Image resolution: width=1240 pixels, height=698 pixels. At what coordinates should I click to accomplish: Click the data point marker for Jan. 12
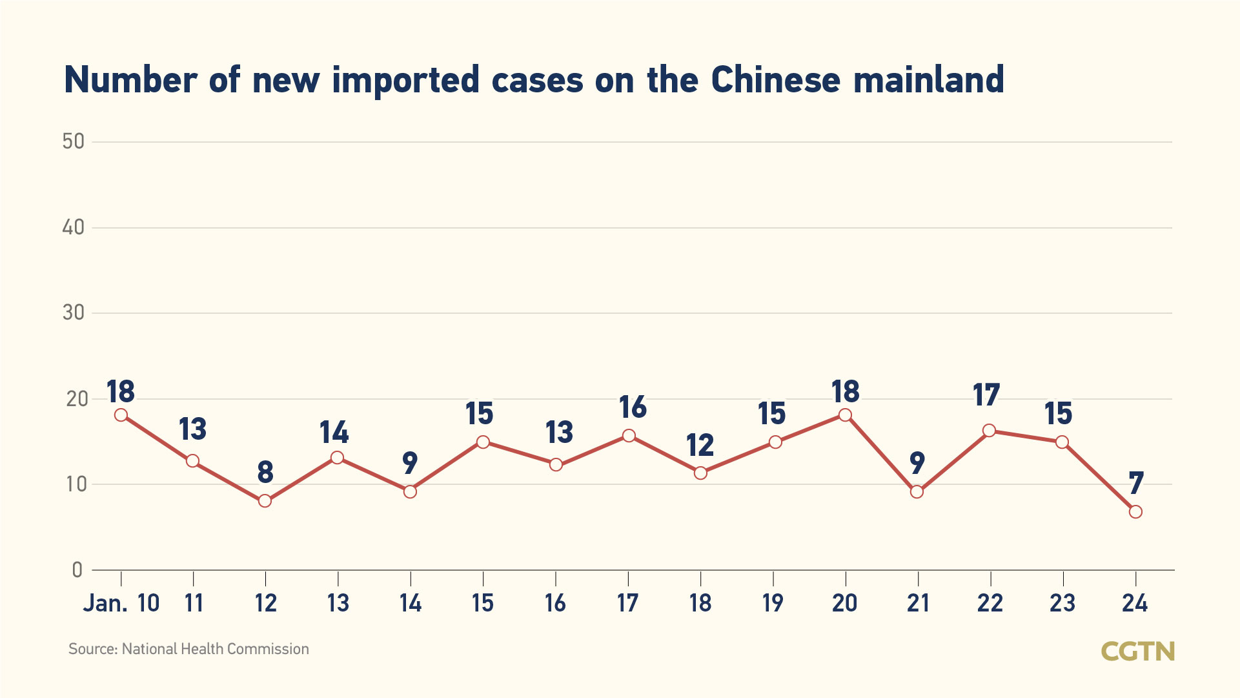click(x=265, y=501)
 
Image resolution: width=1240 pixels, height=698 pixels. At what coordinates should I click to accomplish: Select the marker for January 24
click(x=1135, y=512)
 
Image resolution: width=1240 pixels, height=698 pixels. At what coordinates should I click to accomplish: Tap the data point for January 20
click(x=845, y=415)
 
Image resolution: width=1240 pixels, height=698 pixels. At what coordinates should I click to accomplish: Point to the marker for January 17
click(x=629, y=436)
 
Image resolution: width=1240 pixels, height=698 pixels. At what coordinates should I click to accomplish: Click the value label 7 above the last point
click(x=1136, y=483)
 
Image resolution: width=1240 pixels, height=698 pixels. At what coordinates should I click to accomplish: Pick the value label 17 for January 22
click(x=986, y=395)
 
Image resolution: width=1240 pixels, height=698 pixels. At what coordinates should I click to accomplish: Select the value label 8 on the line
click(x=265, y=473)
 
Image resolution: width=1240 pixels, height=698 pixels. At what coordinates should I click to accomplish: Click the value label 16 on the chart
click(x=632, y=407)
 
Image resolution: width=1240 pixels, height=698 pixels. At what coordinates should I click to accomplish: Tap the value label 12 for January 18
click(x=700, y=446)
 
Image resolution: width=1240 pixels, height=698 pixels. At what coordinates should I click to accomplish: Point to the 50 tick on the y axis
click(x=74, y=141)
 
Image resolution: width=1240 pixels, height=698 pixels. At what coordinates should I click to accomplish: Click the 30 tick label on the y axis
click(x=74, y=313)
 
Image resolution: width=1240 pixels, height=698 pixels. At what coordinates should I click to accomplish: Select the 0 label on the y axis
click(x=77, y=570)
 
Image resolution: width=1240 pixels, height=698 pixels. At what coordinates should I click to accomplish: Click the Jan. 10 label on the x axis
click(x=121, y=603)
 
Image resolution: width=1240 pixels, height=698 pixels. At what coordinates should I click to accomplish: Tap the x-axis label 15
click(x=482, y=603)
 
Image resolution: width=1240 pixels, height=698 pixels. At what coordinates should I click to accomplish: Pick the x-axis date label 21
click(x=918, y=603)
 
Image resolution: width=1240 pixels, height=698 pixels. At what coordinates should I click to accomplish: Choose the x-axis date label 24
click(x=1135, y=603)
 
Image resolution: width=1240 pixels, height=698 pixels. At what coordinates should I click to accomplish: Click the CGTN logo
click(x=1137, y=652)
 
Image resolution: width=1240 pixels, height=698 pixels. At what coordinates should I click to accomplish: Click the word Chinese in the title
click(x=775, y=80)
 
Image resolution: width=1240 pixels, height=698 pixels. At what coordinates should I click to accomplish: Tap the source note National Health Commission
click(x=215, y=649)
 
